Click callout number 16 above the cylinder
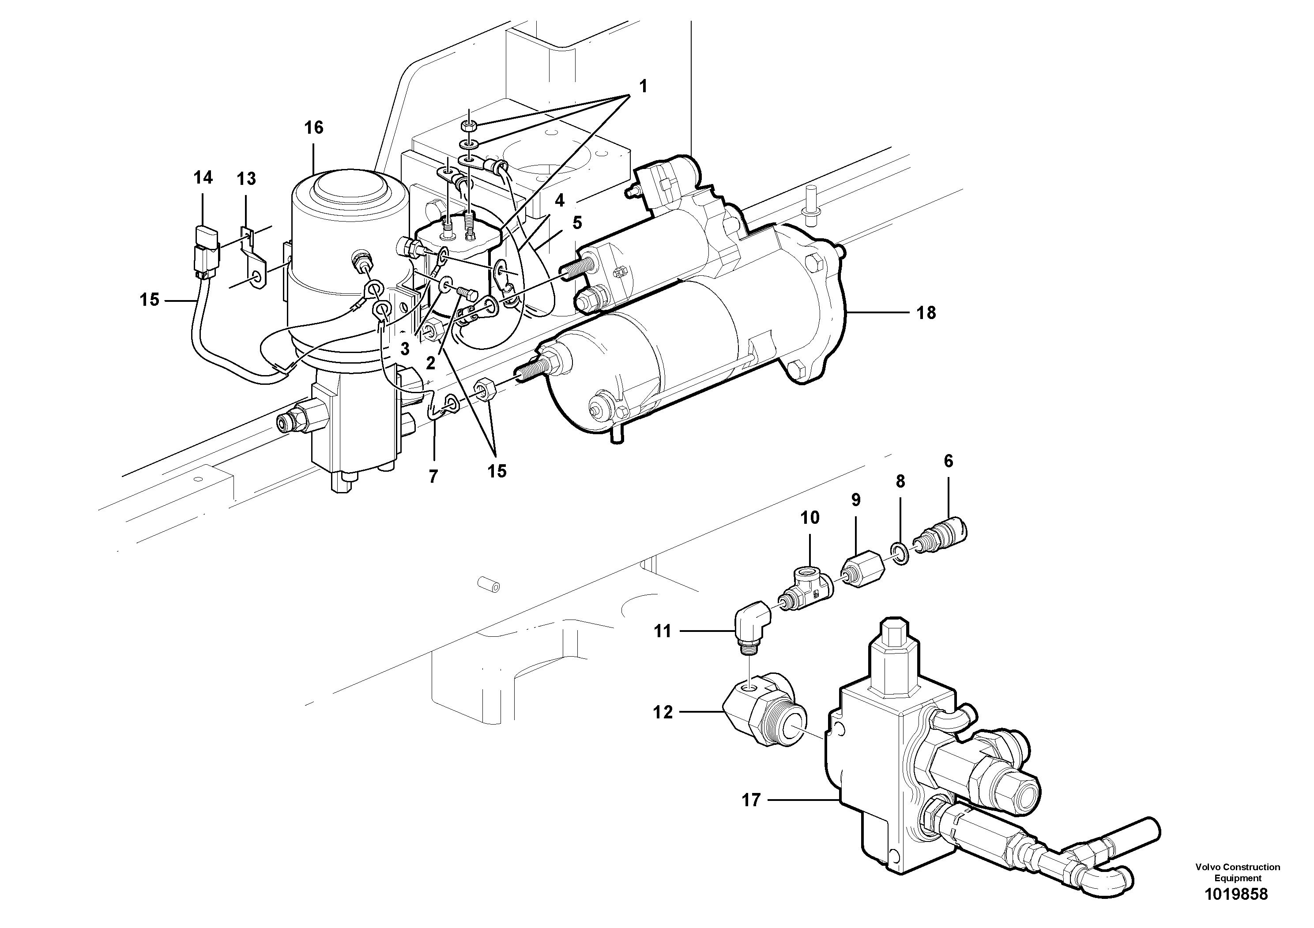(x=314, y=127)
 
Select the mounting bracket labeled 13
(x=253, y=260)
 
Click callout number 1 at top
(x=643, y=87)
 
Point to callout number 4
(x=559, y=200)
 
